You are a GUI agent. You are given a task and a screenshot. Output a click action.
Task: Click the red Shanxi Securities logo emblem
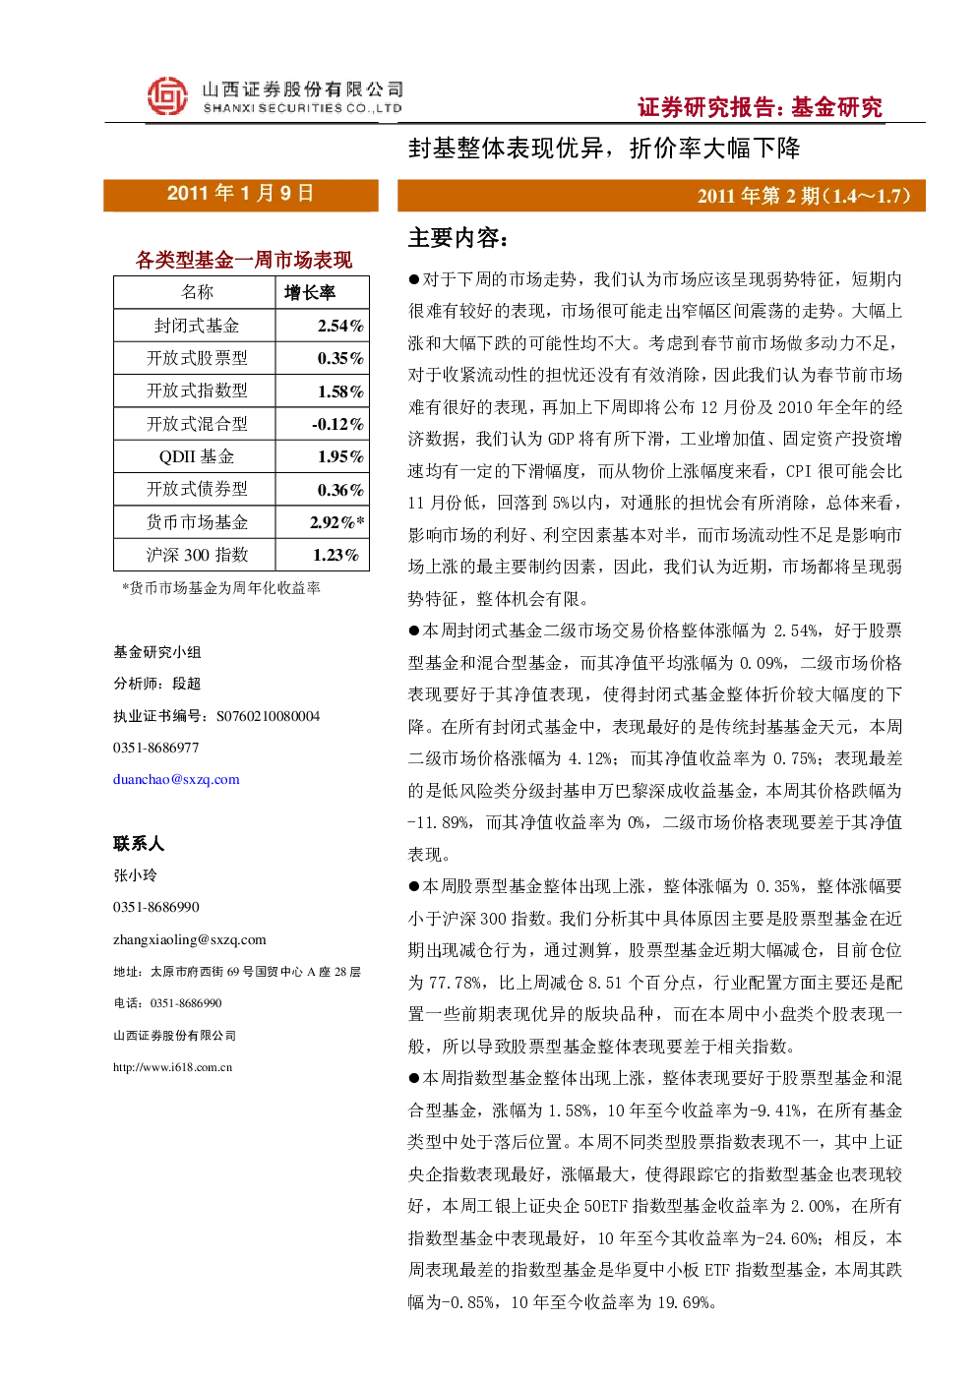coord(167,96)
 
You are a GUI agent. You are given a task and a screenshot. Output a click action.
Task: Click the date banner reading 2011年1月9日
coord(241,195)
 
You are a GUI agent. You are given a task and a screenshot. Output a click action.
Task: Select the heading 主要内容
coord(457,238)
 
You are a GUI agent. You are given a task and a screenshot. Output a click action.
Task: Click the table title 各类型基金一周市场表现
coord(244,260)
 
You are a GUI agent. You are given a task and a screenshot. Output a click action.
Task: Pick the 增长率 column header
coord(310,292)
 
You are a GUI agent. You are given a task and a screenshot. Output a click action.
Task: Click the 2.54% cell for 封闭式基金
coord(340,326)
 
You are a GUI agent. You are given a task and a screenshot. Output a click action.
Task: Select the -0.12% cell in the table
coord(337,424)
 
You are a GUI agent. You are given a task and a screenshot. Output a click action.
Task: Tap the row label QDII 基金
coord(197,456)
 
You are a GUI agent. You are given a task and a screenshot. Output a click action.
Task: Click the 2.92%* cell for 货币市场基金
coord(336,522)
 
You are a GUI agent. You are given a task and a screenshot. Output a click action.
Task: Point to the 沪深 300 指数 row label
coord(197,555)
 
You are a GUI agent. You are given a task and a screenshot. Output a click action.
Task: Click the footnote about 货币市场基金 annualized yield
coord(221,588)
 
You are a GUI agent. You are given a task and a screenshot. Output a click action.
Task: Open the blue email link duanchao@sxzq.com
coord(176,779)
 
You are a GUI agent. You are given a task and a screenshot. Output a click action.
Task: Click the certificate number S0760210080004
coord(268,716)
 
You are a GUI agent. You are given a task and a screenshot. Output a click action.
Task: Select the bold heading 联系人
coord(139,843)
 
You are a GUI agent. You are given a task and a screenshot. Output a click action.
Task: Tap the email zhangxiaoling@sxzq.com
coord(189,939)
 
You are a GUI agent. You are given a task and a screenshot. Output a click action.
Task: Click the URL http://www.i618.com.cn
coord(172,1067)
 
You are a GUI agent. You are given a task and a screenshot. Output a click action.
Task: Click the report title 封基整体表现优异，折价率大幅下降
coord(604,149)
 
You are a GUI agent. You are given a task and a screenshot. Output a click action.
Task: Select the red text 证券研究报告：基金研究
coord(760,107)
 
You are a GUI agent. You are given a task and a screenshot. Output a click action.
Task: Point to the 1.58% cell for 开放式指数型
coord(340,391)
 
